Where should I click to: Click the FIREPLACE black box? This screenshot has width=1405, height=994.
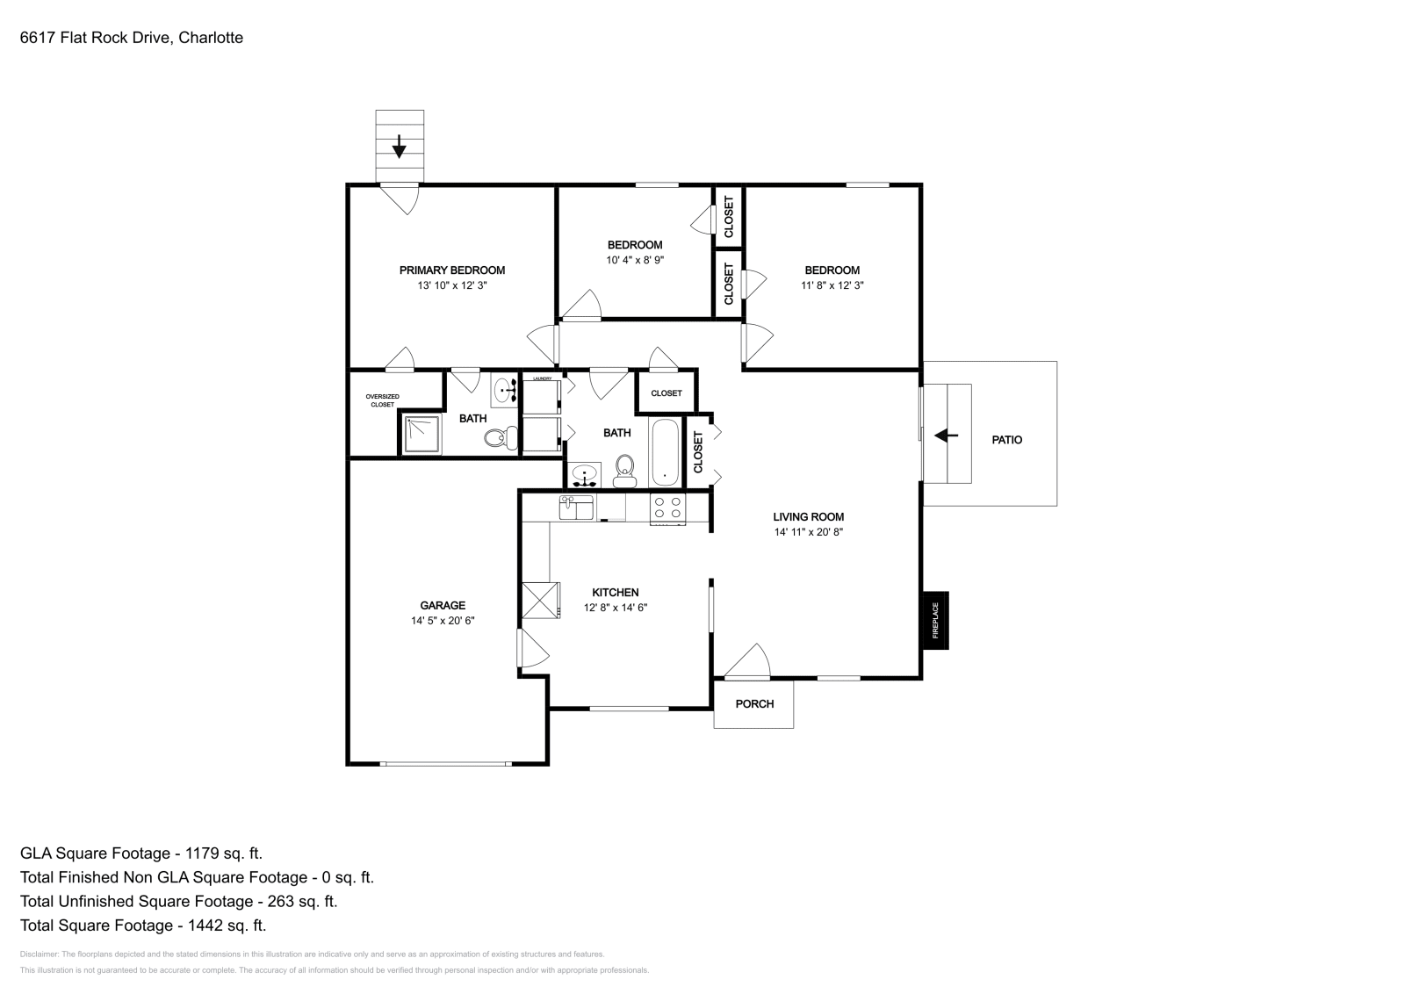pyautogui.click(x=935, y=620)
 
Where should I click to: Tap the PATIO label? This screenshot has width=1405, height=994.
pyautogui.click(x=1006, y=440)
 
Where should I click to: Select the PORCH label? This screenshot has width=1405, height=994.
pyautogui.click(x=754, y=703)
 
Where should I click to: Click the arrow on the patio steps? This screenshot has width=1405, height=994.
pyautogui.click(x=946, y=435)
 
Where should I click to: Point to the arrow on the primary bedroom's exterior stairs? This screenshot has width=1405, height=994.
pyautogui.click(x=400, y=146)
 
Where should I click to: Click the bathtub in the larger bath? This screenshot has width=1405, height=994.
pyautogui.click(x=665, y=453)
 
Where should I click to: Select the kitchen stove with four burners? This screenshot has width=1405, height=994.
pyautogui.click(x=667, y=508)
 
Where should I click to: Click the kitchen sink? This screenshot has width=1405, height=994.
pyautogui.click(x=577, y=508)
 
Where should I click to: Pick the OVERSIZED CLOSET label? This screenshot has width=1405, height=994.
pyautogui.click(x=382, y=400)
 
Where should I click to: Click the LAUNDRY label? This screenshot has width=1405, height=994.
pyautogui.click(x=542, y=378)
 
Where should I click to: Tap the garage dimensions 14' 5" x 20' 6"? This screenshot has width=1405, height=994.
pyautogui.click(x=443, y=621)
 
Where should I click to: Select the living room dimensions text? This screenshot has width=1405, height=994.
pyautogui.click(x=808, y=532)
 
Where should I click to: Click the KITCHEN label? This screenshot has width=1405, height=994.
pyautogui.click(x=615, y=593)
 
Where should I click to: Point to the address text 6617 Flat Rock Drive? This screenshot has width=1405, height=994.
pyautogui.click(x=132, y=38)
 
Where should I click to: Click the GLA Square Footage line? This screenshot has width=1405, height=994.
pyautogui.click(x=141, y=853)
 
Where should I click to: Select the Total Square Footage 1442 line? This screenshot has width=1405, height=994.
pyautogui.click(x=143, y=925)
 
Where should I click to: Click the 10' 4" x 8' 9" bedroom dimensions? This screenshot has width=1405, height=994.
pyautogui.click(x=635, y=260)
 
